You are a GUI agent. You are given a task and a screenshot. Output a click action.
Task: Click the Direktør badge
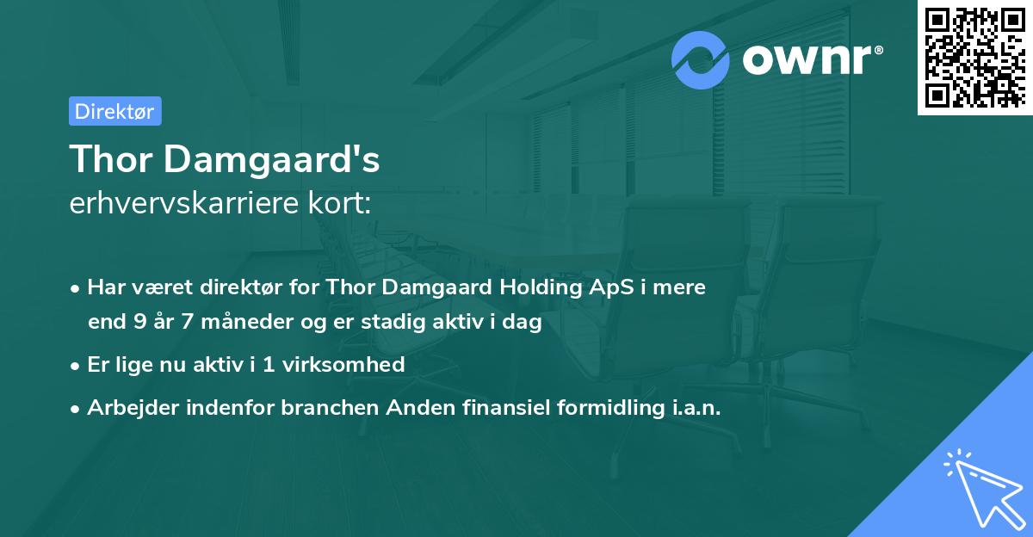(114, 111)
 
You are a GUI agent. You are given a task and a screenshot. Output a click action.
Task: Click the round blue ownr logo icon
(701, 60)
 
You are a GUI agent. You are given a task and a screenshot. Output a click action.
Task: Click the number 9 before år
(139, 323)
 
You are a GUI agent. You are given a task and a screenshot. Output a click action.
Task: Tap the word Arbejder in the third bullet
(127, 407)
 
